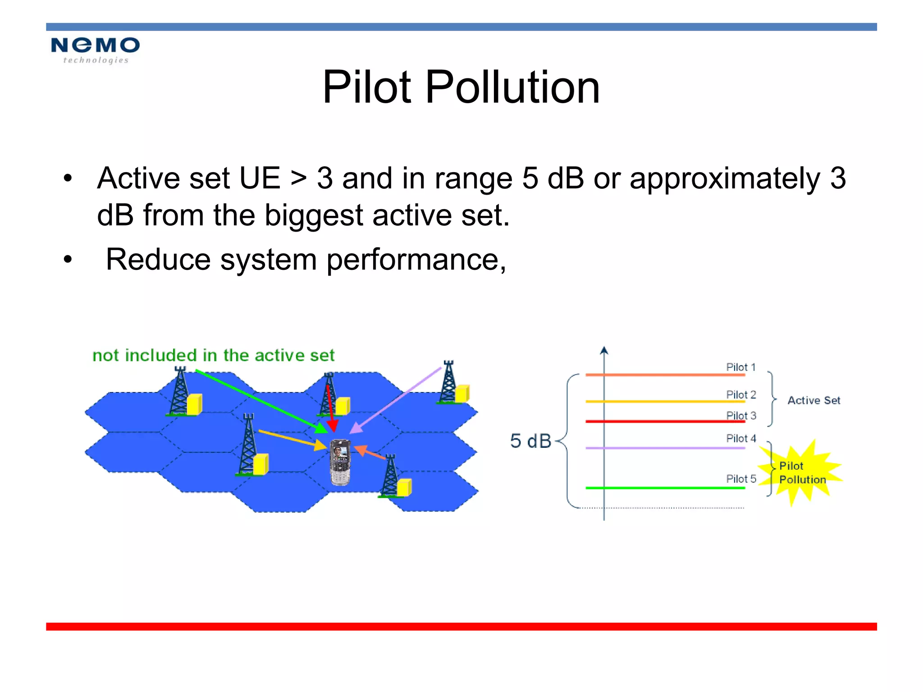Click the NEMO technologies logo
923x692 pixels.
(95, 50)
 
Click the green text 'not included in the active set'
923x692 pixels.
(213, 355)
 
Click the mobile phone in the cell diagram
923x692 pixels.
(340, 462)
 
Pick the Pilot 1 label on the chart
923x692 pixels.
(740, 367)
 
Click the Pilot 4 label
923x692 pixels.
(740, 438)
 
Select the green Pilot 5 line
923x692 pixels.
(665, 488)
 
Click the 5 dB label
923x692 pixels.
(530, 441)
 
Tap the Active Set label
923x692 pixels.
(813, 401)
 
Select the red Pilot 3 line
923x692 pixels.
(665, 421)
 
